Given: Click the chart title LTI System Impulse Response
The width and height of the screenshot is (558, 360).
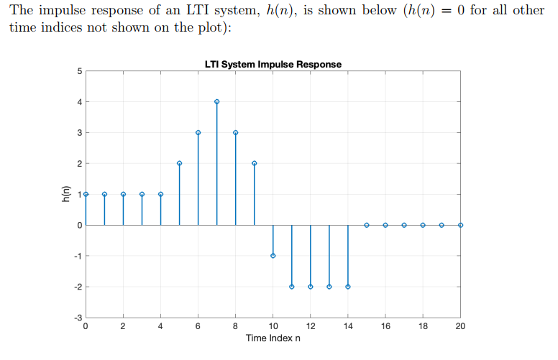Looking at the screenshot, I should [x=273, y=65].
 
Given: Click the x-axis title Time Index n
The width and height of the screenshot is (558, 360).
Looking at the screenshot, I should [x=273, y=338].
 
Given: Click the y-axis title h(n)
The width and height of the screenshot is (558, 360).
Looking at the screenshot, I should [x=65, y=194].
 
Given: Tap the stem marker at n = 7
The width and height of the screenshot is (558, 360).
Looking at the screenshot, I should [x=216, y=102].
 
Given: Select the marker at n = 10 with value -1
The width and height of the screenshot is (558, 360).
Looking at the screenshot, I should [x=273, y=256].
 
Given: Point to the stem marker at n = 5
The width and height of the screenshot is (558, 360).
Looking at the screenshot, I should [x=179, y=163].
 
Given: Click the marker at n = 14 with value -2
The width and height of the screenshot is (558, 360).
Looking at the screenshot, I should [x=348, y=287].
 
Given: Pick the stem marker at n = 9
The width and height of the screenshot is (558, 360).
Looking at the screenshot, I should [x=255, y=163].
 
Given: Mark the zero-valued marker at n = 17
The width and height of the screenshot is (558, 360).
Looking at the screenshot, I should [x=404, y=225].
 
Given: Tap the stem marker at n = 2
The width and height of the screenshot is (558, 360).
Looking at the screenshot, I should [x=123, y=194].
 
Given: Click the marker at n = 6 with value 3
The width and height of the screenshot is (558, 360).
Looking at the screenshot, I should [x=198, y=133].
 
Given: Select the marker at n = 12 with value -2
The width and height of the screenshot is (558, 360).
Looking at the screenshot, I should [x=311, y=287].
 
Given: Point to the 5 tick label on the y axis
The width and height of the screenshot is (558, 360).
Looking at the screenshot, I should [x=78, y=71].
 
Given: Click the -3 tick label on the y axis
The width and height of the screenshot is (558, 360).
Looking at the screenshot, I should [x=77, y=317].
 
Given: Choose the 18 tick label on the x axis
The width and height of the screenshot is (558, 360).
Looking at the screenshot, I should [x=423, y=327].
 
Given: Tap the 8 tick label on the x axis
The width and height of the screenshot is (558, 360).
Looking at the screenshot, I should [x=236, y=327].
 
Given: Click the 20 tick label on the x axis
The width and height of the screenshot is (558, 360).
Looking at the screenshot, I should [x=460, y=327].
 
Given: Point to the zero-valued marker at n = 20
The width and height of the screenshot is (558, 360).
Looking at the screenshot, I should [x=460, y=225].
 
